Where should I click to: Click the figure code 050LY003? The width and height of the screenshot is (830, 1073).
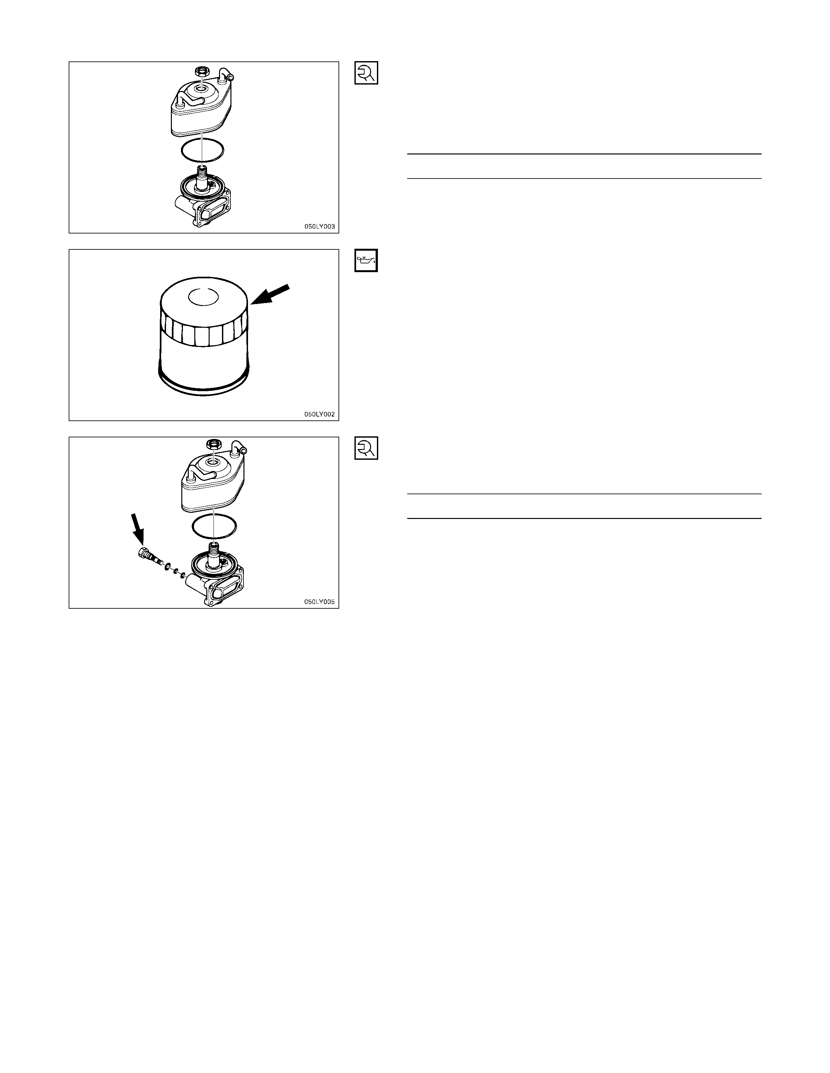click(x=320, y=227)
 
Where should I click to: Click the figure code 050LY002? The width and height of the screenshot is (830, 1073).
click(x=320, y=414)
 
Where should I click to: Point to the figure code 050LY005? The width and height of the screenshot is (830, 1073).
click(x=320, y=602)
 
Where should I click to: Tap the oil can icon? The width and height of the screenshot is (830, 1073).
click(x=366, y=260)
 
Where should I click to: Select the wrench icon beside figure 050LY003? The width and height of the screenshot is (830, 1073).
click(x=366, y=73)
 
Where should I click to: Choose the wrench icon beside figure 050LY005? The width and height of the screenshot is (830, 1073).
click(x=366, y=448)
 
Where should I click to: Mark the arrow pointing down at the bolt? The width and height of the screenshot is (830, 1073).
click(x=138, y=528)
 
